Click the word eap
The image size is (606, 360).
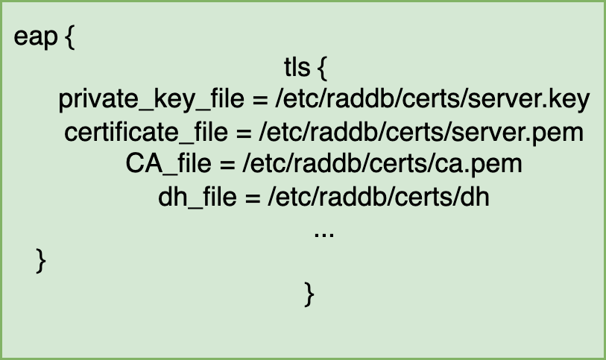pos(36,38)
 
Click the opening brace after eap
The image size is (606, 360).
pos(70,37)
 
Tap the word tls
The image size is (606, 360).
pos(297,67)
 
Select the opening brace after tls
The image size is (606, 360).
pos(322,69)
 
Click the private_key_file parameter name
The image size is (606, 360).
pos(151,100)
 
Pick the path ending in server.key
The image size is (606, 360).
pos(432,100)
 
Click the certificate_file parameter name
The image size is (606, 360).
pos(146,132)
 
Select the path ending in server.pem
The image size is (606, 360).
pos(421,133)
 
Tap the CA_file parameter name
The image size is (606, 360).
pos(168,164)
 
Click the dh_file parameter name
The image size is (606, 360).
pos(198,197)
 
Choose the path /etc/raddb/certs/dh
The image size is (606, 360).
pos(379,196)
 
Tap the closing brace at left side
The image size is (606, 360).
pos(41,261)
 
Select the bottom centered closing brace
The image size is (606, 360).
pos(309,294)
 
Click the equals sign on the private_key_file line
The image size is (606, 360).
pos(260,101)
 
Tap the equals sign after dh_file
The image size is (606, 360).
pos(253,198)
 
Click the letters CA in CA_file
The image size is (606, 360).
pos(144,163)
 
